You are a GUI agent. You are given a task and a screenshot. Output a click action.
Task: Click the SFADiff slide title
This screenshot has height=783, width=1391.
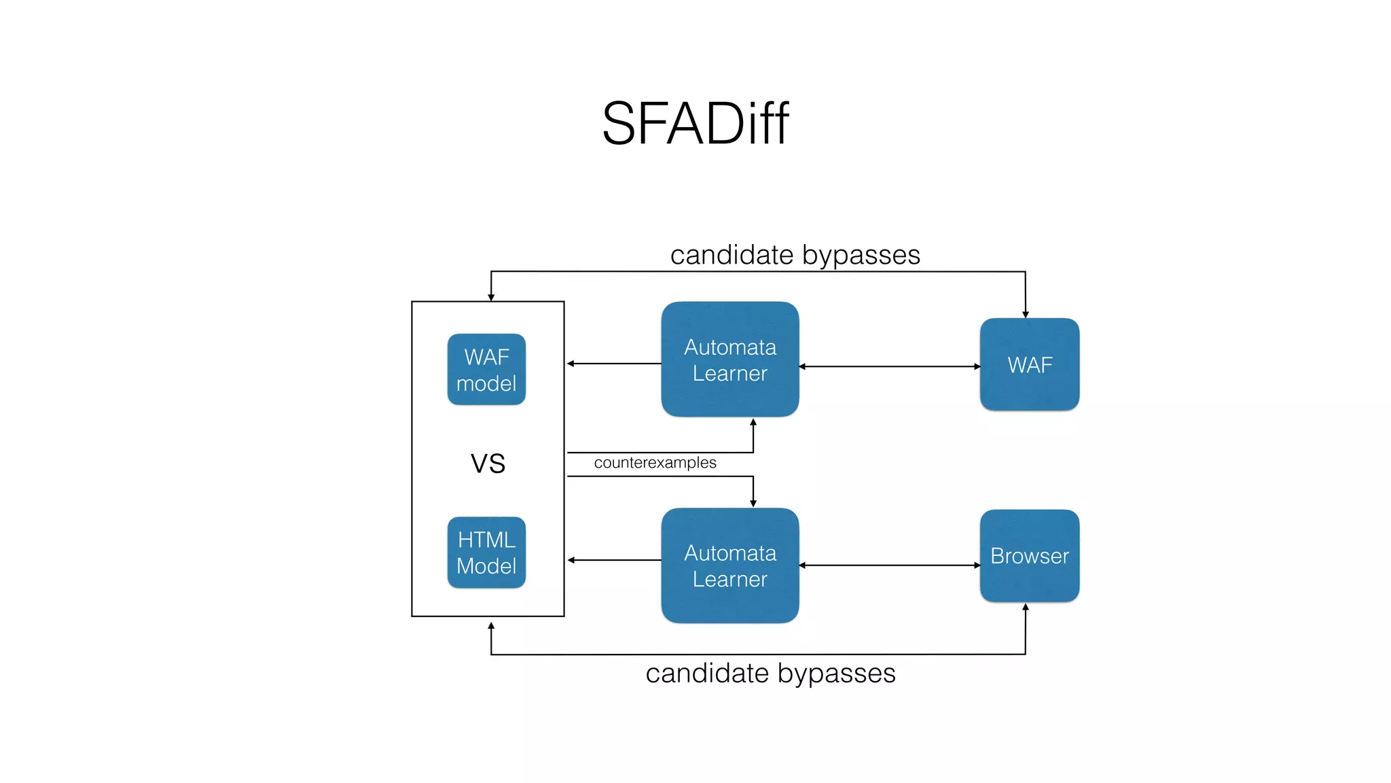pos(695,124)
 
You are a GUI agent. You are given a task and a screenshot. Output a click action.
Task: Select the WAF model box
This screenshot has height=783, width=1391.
pos(486,370)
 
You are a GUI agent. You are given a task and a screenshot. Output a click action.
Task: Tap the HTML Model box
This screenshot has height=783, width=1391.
pos(486,553)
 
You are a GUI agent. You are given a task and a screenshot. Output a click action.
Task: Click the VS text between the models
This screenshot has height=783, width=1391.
pos(488,464)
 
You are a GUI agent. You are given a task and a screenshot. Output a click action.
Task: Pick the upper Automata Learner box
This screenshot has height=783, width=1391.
pos(730,360)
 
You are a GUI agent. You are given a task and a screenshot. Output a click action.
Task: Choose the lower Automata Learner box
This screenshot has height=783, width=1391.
pos(730,565)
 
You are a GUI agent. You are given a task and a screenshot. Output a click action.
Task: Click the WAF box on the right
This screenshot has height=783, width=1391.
pos(1030,365)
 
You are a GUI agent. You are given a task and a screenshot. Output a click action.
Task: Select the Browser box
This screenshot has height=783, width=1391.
pos(1030,556)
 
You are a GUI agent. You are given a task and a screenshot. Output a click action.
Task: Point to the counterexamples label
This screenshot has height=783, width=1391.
pos(655,463)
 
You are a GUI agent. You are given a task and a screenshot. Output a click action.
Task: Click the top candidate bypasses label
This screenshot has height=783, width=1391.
pos(795,255)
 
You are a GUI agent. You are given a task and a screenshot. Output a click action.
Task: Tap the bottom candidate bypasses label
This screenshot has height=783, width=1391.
pos(770,674)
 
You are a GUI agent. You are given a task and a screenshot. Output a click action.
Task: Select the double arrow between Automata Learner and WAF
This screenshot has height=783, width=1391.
pos(890,366)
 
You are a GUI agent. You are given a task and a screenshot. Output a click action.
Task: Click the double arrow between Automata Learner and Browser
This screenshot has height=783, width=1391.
pos(890,565)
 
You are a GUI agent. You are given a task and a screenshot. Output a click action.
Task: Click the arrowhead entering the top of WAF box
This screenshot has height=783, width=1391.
pos(1026,315)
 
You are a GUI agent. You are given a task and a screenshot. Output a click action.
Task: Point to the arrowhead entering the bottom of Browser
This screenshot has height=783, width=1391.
pos(1026,607)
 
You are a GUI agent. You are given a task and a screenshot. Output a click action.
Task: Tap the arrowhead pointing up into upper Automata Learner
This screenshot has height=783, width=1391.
pos(753,422)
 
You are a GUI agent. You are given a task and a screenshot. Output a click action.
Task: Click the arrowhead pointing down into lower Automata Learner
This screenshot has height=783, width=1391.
pos(753,503)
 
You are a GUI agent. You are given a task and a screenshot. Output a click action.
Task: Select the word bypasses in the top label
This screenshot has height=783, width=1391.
pos(861,256)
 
